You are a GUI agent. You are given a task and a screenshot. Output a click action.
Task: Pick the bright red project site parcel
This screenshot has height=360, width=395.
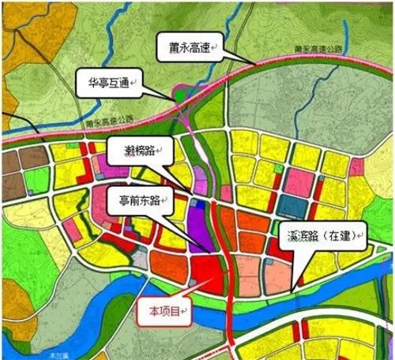(x=209, y=276)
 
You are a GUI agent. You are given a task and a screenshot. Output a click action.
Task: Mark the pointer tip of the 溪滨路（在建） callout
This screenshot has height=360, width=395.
(x=291, y=294)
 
